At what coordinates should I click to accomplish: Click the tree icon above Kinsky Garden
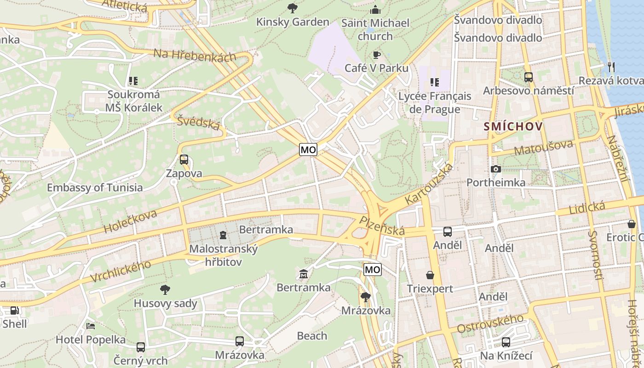pos(292,8)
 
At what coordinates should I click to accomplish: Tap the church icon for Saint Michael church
pos(376,9)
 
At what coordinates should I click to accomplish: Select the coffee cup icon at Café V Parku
pos(377,55)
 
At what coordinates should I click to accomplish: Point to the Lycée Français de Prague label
pos(435,103)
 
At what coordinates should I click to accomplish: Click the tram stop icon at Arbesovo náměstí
pos(529,77)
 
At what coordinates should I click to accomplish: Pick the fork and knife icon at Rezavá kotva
pos(611,67)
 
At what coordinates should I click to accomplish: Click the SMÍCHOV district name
pos(513,126)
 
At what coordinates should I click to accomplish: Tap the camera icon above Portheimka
pos(496,169)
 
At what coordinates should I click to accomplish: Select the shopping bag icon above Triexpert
pos(430,275)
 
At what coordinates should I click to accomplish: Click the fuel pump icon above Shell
pos(15,310)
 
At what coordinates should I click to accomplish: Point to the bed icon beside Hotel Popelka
pos(91,326)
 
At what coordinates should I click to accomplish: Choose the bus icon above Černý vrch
pos(141,347)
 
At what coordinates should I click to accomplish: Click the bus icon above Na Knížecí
pos(506,342)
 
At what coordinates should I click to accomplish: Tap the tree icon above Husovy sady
pos(165,290)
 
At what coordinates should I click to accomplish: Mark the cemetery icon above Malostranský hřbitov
pos(223,235)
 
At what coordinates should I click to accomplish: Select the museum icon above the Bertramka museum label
pos(303,275)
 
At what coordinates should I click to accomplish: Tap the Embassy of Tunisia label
pos(95,188)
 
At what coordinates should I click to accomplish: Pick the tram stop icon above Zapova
pos(184,160)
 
